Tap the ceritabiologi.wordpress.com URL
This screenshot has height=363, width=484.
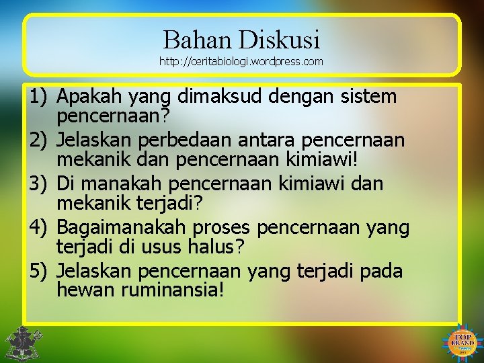pos(241,62)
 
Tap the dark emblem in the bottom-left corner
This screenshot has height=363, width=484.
pos(21,343)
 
